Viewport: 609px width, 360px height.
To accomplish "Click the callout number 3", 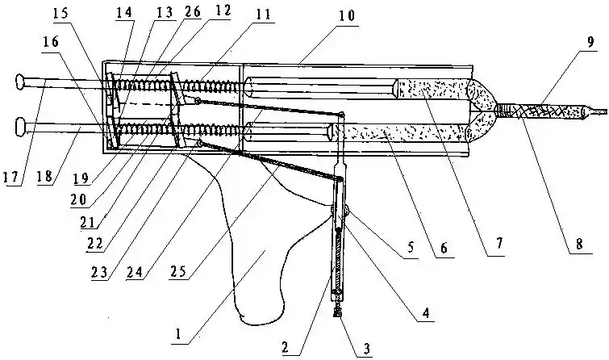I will [x=367, y=349].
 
